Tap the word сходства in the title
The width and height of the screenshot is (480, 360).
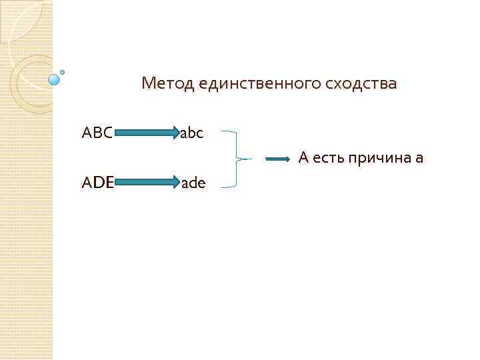[x=360, y=84]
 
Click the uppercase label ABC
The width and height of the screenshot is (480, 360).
[x=97, y=133]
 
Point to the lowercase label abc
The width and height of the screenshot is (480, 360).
[x=192, y=133]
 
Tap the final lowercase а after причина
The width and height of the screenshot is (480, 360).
[x=419, y=159]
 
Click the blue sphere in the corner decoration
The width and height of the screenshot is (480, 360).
[x=54, y=80]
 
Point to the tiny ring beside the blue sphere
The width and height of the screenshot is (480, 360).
[x=63, y=71]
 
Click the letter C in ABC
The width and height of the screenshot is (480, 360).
[x=107, y=133]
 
